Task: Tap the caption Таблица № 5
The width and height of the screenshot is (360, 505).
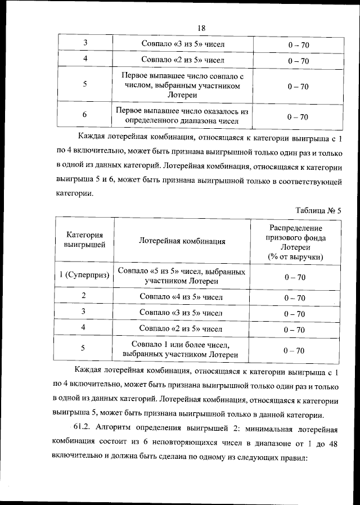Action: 318,210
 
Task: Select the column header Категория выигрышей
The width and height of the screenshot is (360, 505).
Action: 84,240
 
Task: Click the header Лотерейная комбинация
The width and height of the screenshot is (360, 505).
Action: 182,241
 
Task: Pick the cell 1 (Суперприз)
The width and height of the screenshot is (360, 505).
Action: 84,276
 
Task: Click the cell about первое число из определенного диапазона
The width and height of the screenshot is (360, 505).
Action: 182,116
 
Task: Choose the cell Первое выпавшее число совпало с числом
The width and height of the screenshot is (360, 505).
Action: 182,85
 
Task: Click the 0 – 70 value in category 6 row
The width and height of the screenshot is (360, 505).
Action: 298,117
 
